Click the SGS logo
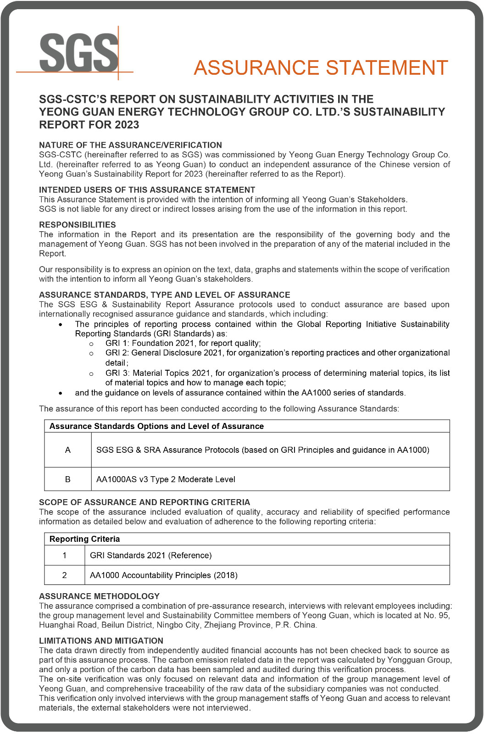78,52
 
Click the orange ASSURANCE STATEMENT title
321,68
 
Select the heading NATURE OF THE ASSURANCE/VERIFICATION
130,145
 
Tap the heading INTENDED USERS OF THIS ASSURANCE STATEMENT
147,189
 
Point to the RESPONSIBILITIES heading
78,224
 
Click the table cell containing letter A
68,450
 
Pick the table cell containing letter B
68,479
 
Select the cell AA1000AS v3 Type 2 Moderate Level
166,479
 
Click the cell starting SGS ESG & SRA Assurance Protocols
262,450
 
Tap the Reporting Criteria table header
85,539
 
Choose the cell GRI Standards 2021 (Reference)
151,556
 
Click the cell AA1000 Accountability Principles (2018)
164,575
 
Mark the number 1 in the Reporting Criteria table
65,556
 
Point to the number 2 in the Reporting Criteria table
65,575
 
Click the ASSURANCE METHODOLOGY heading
99,596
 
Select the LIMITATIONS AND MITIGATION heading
101,640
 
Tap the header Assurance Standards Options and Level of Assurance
156,426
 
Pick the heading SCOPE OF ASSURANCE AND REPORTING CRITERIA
145,502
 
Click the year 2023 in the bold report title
127,125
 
